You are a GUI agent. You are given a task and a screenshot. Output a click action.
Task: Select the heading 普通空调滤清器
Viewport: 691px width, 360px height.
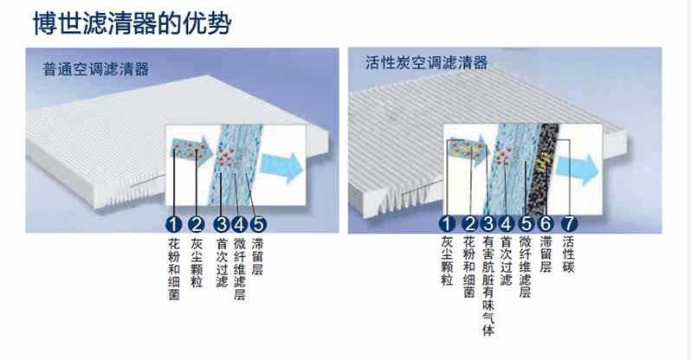(96, 70)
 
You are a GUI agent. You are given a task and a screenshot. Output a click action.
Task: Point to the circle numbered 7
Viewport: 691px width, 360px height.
(570, 224)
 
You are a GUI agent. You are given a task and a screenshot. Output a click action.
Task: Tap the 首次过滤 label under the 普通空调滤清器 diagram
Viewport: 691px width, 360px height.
(221, 263)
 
